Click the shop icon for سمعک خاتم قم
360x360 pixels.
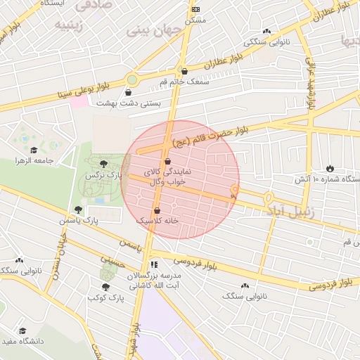(184, 71)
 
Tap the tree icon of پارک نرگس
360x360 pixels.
(104, 163)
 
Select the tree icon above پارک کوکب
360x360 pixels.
(105, 287)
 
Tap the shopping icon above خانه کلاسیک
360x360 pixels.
(156, 210)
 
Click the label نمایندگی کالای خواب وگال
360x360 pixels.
(167, 176)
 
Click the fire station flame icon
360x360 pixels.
(330, 168)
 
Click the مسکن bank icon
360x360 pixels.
(195, 9)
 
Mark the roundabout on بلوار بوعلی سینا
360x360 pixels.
(131, 79)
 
